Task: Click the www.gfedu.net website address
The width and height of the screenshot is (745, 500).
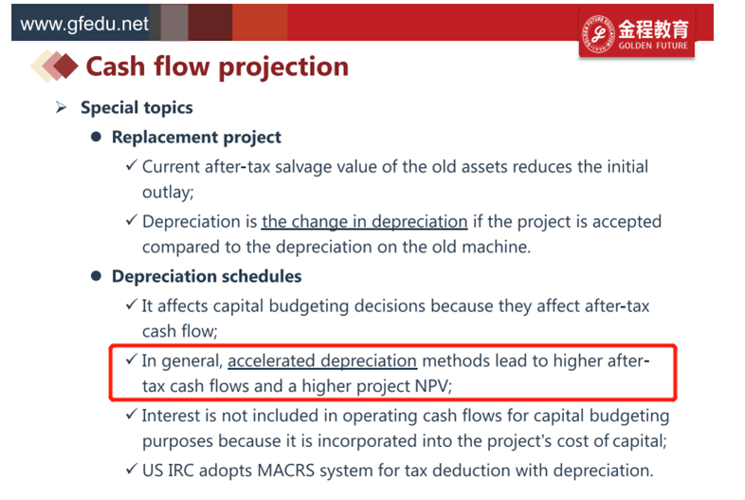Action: (x=84, y=24)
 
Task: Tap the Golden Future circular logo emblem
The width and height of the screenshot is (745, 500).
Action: (x=598, y=33)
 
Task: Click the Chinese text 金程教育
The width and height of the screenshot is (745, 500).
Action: (x=653, y=29)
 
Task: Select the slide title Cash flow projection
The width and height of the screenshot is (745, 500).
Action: (x=217, y=66)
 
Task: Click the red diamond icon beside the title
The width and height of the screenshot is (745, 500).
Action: (x=66, y=66)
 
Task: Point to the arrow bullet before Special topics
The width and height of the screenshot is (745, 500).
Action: (x=61, y=107)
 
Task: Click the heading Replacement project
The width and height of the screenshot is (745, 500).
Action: (x=196, y=137)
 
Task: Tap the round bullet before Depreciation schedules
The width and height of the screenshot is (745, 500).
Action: (x=96, y=276)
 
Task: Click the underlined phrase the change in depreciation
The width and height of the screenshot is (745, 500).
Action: (x=364, y=222)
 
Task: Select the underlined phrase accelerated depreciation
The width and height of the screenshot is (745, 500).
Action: (x=322, y=361)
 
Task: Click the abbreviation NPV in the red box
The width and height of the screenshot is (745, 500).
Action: (x=431, y=386)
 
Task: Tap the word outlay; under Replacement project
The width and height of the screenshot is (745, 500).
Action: (x=168, y=193)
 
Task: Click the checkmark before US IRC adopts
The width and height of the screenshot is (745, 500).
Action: (x=132, y=469)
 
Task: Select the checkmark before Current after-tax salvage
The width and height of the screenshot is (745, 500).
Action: (x=132, y=165)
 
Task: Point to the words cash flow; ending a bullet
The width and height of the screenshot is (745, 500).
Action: (x=179, y=331)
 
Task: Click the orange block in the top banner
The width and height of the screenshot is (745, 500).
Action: (x=260, y=23)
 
